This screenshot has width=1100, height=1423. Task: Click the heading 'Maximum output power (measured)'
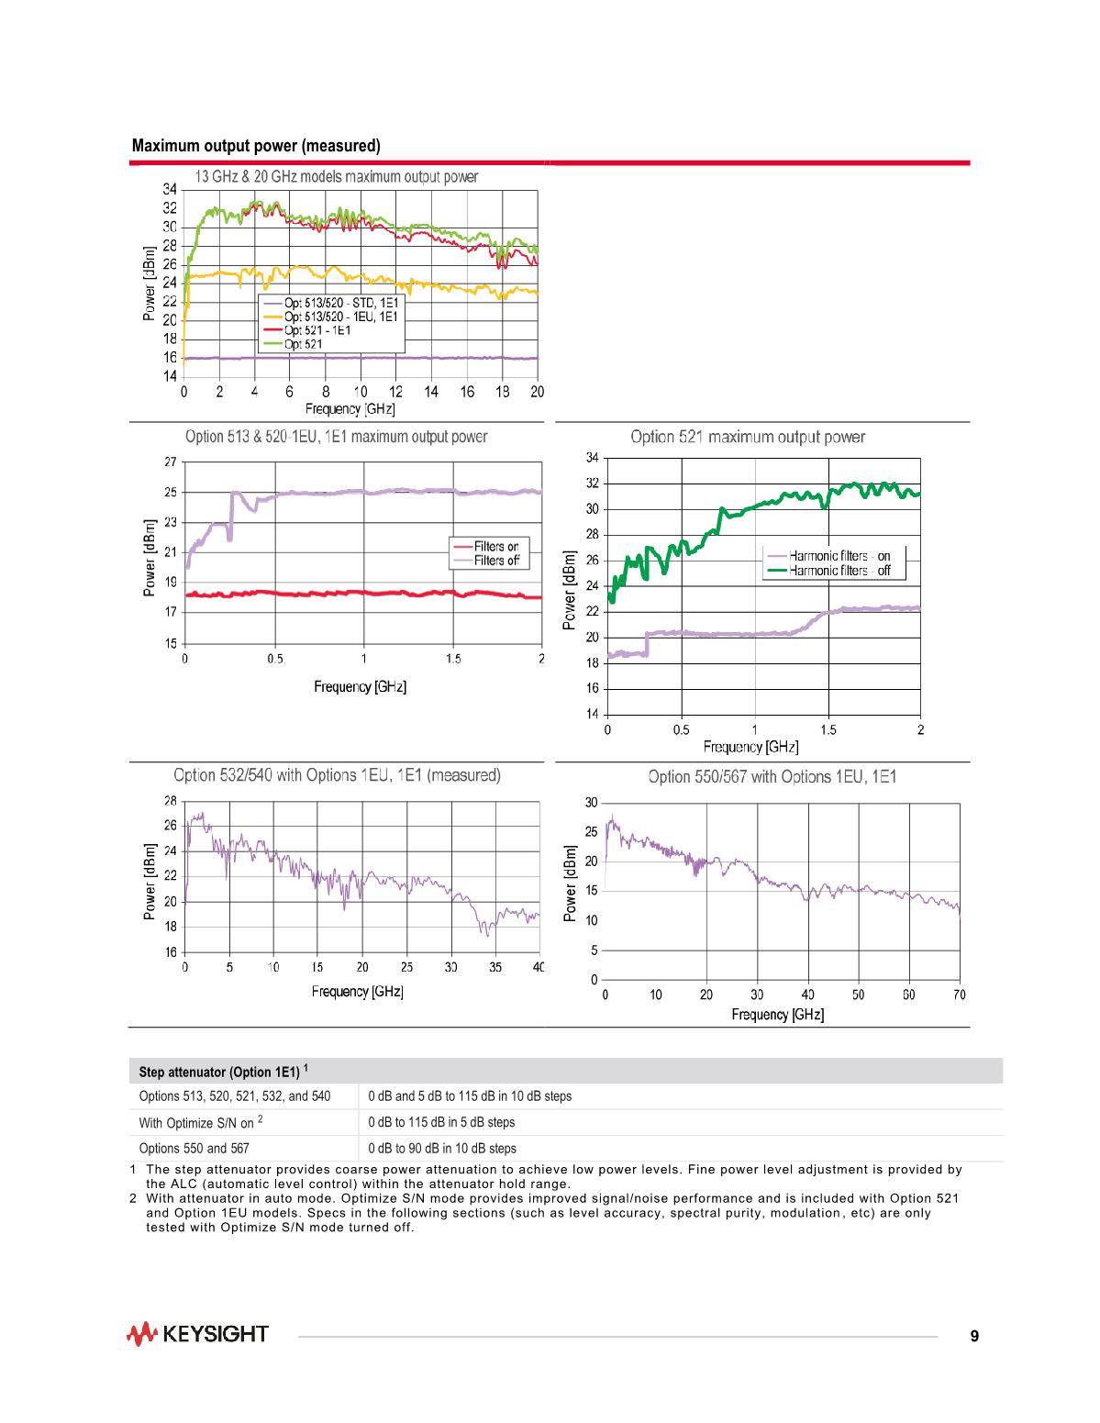coord(256,146)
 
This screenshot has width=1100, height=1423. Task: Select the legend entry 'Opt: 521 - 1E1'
coord(317,330)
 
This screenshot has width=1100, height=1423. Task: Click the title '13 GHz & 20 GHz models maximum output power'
coord(337,176)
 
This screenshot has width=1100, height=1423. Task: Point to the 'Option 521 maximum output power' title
coord(748,437)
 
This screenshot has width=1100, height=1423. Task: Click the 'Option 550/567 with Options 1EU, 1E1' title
coord(772,777)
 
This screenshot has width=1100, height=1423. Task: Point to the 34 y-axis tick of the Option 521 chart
coord(592,458)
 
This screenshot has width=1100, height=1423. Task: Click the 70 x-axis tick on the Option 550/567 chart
coord(959,995)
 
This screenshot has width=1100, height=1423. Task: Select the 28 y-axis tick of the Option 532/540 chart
coord(171,800)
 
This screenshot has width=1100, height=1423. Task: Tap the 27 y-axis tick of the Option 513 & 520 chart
coord(171,462)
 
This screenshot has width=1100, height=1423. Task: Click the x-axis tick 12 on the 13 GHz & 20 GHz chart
coord(396,392)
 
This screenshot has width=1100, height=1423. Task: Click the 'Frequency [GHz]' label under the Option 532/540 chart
coord(357,991)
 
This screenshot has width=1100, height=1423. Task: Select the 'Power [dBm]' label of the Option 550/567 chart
coord(572,884)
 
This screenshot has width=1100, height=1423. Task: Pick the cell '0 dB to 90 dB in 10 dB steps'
coord(442,1148)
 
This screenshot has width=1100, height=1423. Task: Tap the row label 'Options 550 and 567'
coord(194,1148)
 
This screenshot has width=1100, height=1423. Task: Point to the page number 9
coord(974,1336)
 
